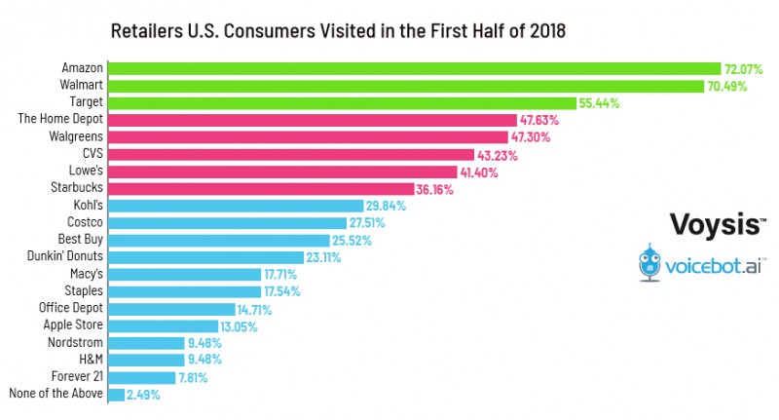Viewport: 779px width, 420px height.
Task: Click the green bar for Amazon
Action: (x=414, y=68)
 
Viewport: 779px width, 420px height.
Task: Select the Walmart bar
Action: (x=405, y=86)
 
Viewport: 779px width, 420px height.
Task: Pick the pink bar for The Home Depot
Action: (x=312, y=120)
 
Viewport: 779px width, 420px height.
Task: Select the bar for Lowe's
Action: (x=282, y=171)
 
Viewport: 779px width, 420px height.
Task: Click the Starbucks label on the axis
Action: (x=77, y=187)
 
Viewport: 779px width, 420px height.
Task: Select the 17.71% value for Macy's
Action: (x=282, y=274)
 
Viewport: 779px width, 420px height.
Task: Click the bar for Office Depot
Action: (x=171, y=309)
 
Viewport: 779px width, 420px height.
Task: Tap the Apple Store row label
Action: (x=71, y=325)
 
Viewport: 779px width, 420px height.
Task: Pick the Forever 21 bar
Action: (x=142, y=377)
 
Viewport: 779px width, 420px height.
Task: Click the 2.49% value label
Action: (x=143, y=395)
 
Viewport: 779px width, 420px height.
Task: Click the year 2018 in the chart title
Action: (x=545, y=30)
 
